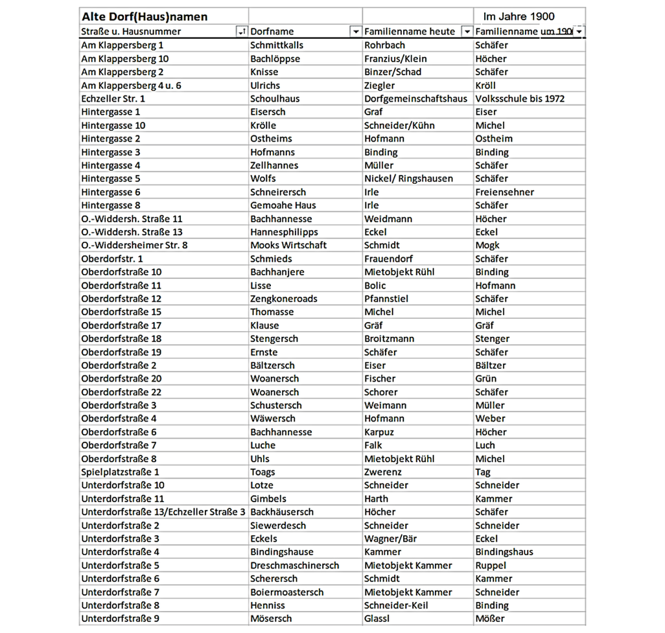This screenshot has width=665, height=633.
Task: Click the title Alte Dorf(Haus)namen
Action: [144, 17]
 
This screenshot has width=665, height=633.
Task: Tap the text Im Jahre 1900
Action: [519, 17]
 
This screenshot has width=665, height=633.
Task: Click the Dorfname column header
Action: [272, 31]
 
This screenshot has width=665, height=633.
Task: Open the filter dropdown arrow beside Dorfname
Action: [355, 31]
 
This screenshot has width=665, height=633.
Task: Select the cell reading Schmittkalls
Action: [277, 45]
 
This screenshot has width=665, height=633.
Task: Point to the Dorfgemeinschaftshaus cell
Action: [415, 98]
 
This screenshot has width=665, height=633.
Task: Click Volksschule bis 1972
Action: [519, 98]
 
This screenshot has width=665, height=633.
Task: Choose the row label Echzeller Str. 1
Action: [113, 98]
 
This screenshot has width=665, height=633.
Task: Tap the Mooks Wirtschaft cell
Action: [288, 245]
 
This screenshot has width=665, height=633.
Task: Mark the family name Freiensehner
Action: [504, 192]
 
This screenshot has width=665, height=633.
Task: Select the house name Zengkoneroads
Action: [283, 299]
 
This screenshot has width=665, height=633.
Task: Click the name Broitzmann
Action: [389, 338]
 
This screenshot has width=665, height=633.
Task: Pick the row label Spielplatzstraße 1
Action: [120, 472]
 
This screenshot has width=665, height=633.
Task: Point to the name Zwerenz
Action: [382, 472]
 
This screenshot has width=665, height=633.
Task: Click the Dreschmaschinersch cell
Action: [294, 565]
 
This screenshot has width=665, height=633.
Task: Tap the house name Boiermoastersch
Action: [286, 592]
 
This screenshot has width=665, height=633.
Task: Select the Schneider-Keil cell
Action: [396, 605]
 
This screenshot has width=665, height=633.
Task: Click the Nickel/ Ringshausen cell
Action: [408, 178]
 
